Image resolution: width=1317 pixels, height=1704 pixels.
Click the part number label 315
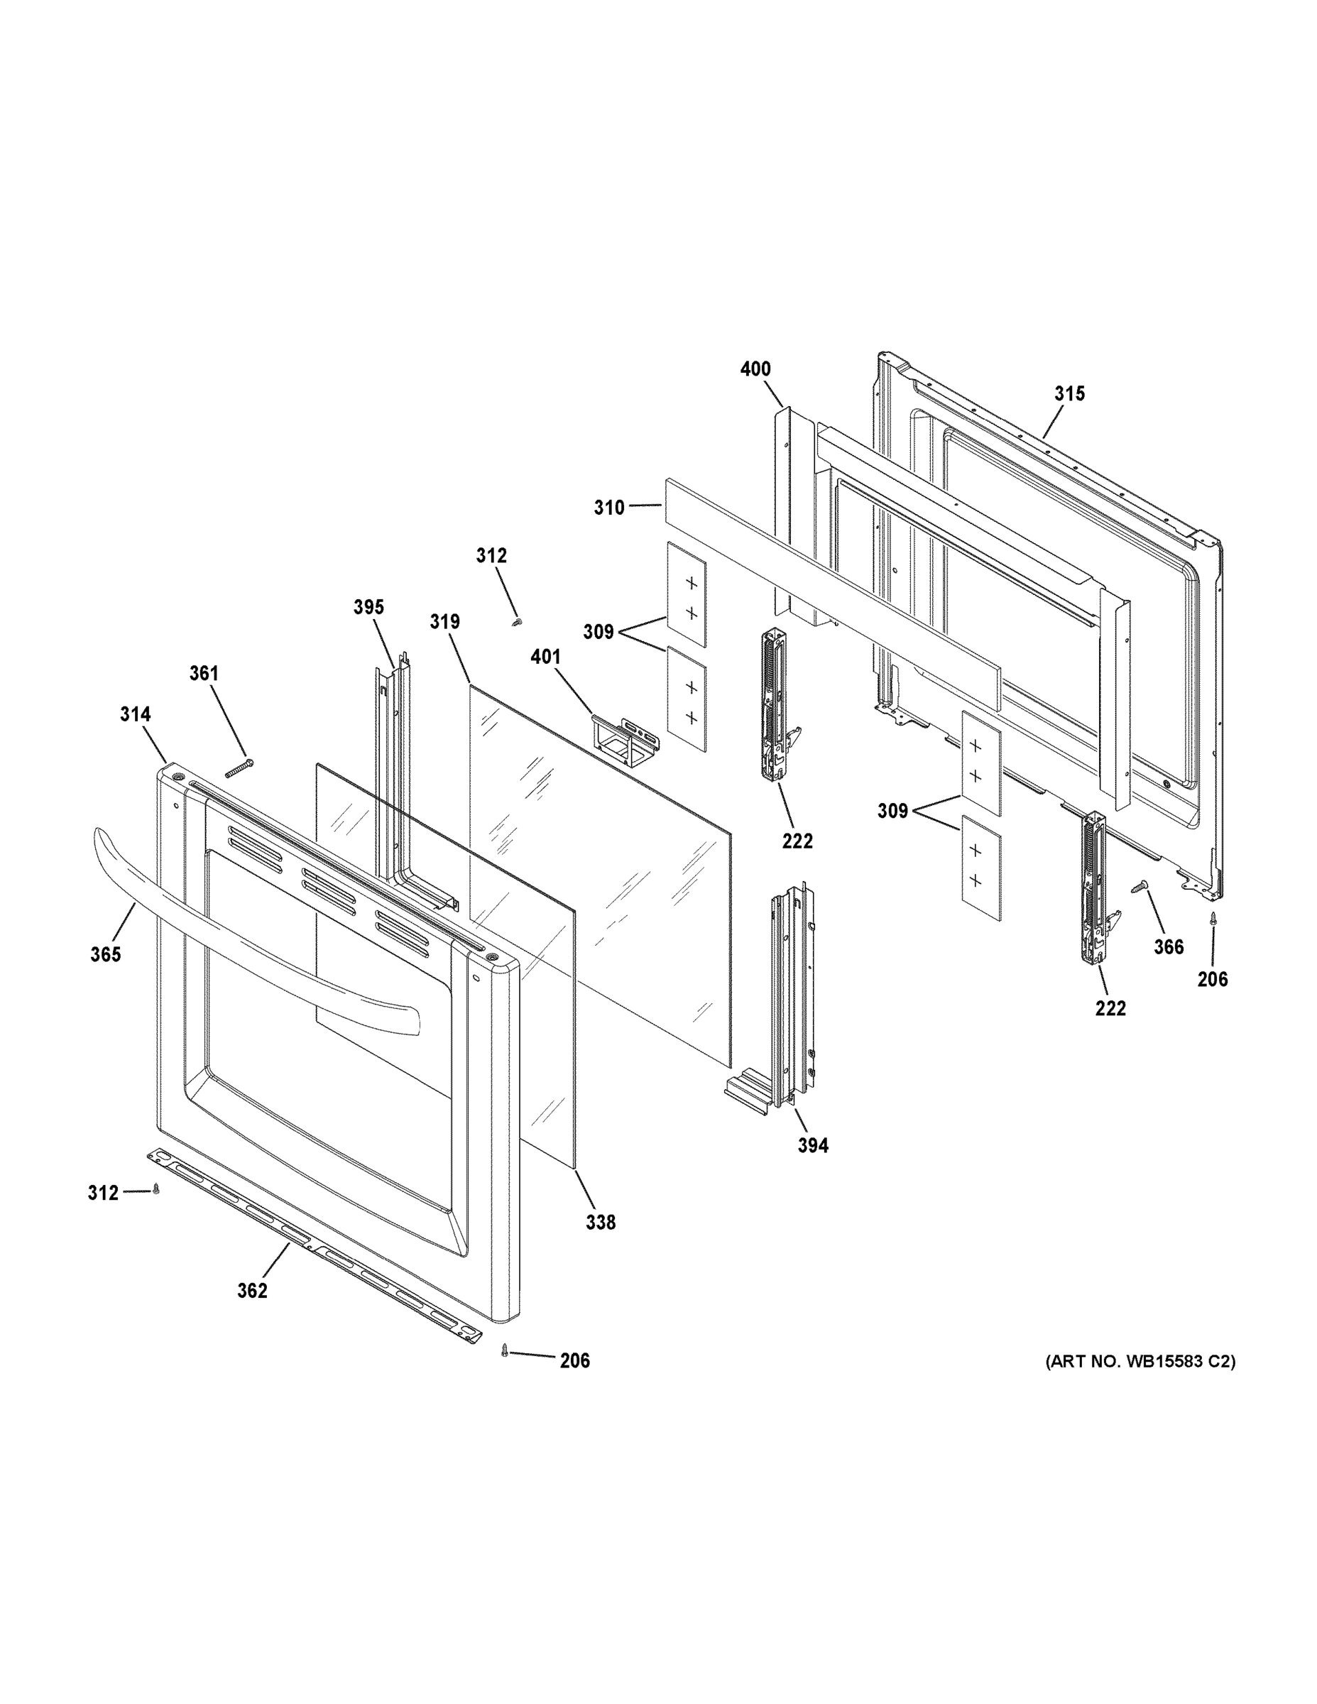[x=1070, y=394]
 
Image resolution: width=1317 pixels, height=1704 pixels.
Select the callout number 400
[x=755, y=369]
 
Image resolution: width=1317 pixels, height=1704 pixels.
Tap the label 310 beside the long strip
[x=608, y=508]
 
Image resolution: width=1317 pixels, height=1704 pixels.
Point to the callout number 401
[x=545, y=657]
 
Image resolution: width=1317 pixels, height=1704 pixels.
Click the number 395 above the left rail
[x=368, y=607]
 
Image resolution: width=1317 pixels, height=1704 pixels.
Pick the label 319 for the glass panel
[x=444, y=622]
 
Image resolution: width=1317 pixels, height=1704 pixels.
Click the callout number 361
[x=204, y=673]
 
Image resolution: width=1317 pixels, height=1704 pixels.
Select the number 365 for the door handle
[x=105, y=954]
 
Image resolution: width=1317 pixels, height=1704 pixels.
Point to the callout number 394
[x=813, y=1146]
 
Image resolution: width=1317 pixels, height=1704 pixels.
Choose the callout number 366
[x=1169, y=947]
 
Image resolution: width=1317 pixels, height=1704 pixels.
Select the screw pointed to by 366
[x=1140, y=887]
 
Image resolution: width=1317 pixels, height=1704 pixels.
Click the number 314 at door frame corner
[x=135, y=714]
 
